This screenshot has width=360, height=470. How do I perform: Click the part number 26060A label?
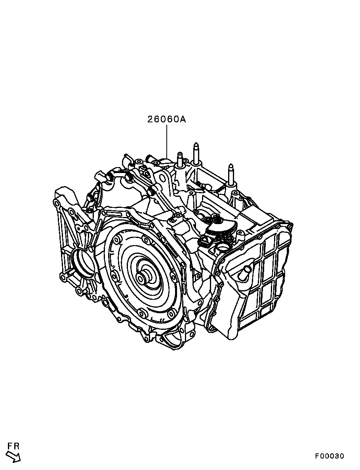coord(166,119)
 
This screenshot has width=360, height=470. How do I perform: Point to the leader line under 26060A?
coord(167,141)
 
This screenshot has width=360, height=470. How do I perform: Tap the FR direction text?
coord(14,446)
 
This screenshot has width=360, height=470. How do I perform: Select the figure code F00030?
coord(329,456)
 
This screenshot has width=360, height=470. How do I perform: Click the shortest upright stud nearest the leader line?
coord(180,160)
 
